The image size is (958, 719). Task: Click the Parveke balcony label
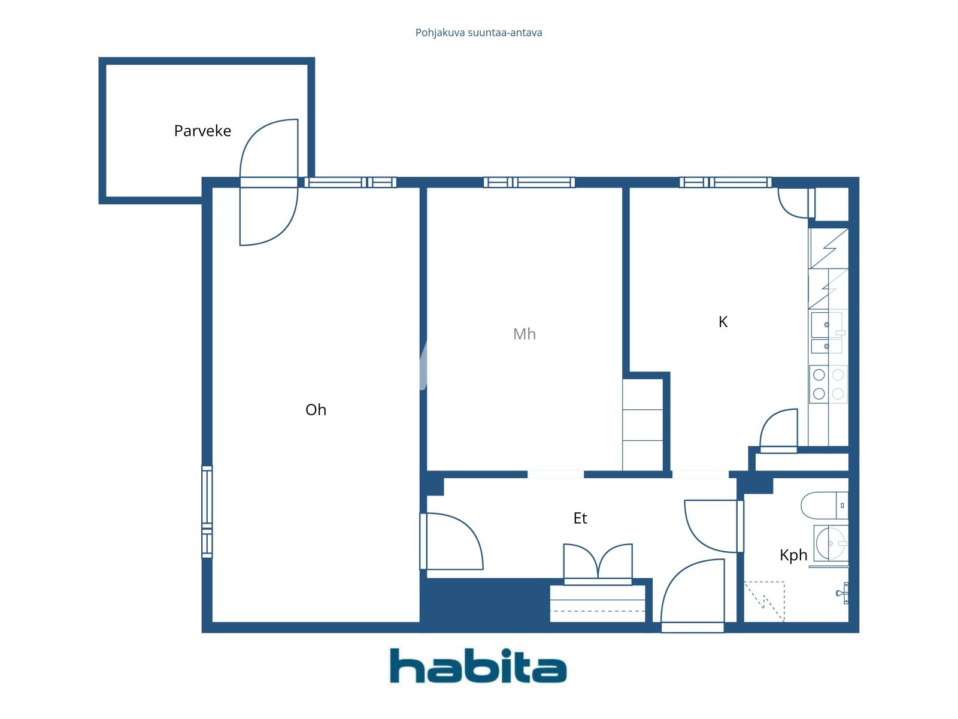click(x=202, y=131)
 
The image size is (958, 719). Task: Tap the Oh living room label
click(x=316, y=410)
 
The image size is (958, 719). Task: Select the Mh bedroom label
click(x=525, y=334)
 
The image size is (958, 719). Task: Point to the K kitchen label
click(x=723, y=322)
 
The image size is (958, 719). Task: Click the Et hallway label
click(x=580, y=518)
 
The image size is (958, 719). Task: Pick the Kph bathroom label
click(x=793, y=555)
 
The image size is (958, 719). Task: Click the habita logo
click(x=478, y=666)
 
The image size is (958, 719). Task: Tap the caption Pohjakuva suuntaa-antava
click(x=478, y=32)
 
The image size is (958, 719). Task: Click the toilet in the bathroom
click(x=824, y=505)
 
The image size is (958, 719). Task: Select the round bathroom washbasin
click(x=832, y=543)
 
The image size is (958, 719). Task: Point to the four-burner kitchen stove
click(x=828, y=384)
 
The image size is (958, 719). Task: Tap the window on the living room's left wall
click(x=207, y=512)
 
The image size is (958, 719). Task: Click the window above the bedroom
click(x=529, y=182)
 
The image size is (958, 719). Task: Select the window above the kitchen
click(x=724, y=182)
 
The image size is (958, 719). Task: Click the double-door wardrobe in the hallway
click(x=598, y=563)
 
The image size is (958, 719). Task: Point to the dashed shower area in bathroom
click(x=764, y=601)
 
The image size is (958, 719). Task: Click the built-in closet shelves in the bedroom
click(x=642, y=425)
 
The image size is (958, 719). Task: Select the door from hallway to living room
click(x=451, y=541)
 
